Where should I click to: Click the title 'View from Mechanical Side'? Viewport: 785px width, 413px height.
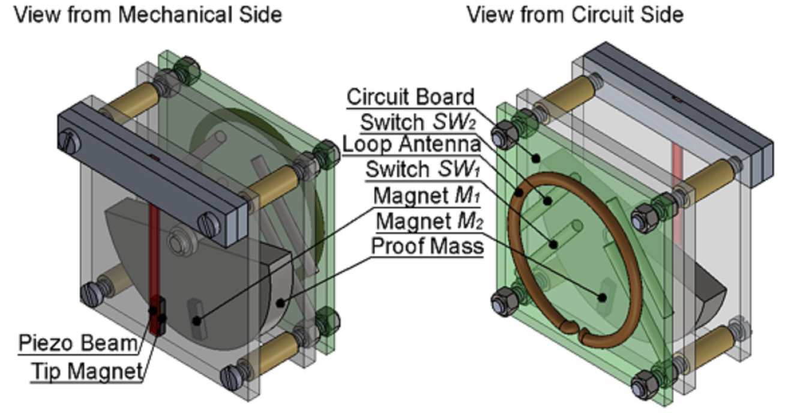tap(148, 14)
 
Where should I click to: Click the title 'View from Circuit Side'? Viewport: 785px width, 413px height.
tap(575, 14)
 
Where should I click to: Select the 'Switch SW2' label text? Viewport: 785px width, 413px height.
tap(417, 122)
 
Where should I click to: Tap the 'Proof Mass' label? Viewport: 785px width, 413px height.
tap(427, 246)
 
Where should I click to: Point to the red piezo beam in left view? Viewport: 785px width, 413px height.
tap(154, 252)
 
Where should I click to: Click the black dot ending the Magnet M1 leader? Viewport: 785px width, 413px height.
tap(196, 321)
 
